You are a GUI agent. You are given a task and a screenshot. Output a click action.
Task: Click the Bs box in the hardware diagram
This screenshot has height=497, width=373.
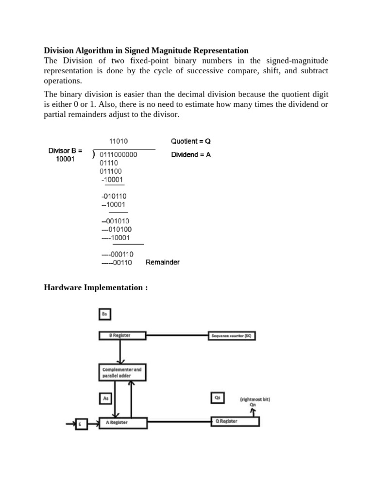(104, 315)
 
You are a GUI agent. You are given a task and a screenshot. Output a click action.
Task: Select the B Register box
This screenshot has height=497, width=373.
(122, 335)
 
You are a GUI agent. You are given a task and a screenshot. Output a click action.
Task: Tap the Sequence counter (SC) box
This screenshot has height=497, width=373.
(232, 335)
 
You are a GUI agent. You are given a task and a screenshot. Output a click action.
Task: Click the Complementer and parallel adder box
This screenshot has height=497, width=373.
(122, 372)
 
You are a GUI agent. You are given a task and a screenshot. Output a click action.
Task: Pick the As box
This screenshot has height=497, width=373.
(106, 398)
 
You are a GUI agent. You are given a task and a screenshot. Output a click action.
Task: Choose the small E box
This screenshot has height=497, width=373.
(80, 425)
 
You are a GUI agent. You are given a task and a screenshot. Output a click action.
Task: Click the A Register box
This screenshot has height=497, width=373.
(122, 422)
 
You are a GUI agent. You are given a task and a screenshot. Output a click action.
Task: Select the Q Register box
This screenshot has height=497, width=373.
(235, 421)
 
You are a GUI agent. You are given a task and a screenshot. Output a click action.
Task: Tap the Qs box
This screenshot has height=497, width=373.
(217, 398)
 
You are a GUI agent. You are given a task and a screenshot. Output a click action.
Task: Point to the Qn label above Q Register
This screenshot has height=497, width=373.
(253, 405)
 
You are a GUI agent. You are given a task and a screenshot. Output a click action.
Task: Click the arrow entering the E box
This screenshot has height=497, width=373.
(69, 424)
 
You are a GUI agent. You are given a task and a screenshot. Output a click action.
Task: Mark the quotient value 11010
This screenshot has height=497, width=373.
(118, 141)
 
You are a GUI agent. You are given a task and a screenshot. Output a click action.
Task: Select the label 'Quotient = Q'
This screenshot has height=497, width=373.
(191, 141)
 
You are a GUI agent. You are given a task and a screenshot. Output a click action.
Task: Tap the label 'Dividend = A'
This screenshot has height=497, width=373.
(191, 155)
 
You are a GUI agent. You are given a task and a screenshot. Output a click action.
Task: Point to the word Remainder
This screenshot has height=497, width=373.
(163, 262)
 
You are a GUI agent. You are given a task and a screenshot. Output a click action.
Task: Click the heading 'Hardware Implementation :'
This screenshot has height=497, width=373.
(96, 288)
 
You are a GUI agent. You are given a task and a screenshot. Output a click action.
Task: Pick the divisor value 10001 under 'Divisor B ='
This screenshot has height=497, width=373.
(66, 159)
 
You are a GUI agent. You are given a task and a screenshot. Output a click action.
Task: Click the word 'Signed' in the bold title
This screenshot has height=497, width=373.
(141, 50)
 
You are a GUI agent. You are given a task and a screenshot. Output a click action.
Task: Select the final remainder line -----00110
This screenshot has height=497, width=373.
(117, 263)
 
